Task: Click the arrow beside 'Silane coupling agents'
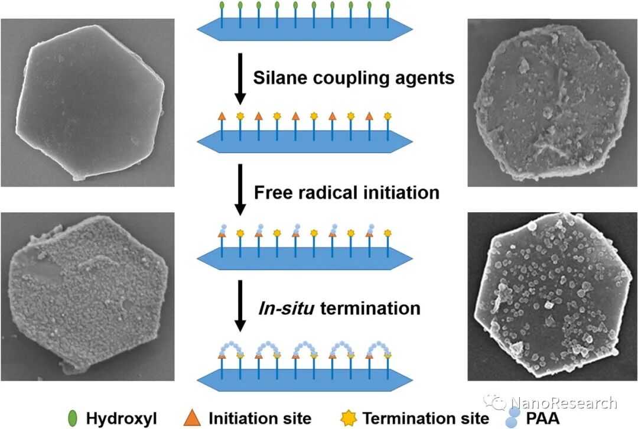coord(240,77)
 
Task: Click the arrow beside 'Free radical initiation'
coord(240,190)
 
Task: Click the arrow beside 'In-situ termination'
coord(240,305)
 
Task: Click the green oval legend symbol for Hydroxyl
coord(74,418)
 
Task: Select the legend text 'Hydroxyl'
coord(116,418)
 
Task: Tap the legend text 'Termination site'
coord(426,418)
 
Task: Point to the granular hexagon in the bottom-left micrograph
coord(87,295)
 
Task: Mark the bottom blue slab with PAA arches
coord(304,376)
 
